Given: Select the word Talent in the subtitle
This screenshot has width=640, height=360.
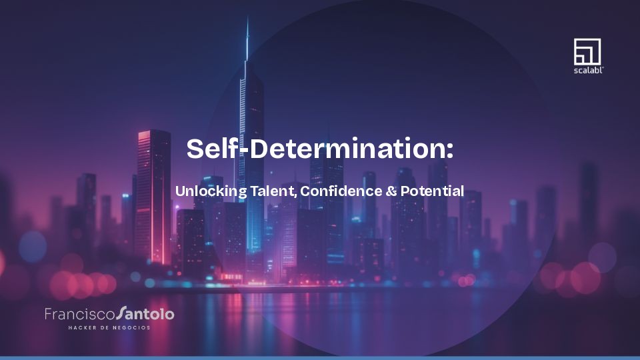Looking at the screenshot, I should click(x=273, y=191).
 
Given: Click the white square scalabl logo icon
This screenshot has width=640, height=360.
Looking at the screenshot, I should click(x=587, y=51).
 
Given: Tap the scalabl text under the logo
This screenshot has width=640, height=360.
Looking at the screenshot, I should click(x=587, y=69).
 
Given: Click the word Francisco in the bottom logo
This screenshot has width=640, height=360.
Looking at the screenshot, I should click(x=79, y=313).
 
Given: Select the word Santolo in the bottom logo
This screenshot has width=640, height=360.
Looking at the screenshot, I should click(x=145, y=313).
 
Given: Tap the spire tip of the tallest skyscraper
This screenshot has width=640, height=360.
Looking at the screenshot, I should click(x=247, y=20).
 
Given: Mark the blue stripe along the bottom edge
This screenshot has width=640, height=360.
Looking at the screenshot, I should click(x=320, y=357).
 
